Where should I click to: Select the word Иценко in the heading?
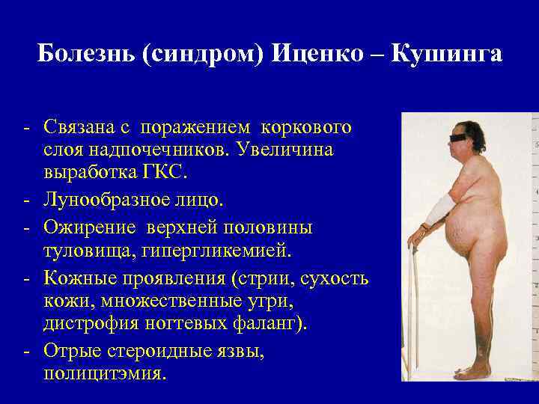tap(320, 55)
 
